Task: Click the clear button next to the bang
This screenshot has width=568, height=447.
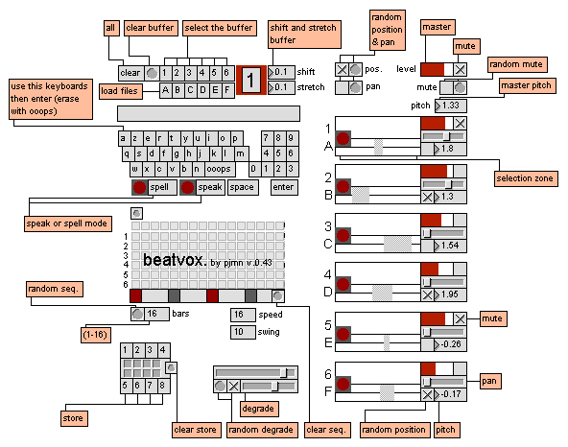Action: pos(130,73)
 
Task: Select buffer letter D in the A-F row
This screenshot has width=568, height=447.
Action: pos(202,90)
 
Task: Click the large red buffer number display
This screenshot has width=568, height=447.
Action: pos(251,80)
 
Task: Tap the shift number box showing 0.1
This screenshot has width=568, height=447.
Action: pos(281,72)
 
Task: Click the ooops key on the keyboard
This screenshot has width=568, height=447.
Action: pos(219,169)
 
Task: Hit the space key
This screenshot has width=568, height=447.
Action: pos(242,187)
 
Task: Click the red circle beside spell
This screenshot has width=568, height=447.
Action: pos(139,187)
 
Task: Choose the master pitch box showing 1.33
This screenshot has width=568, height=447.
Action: pos(451,106)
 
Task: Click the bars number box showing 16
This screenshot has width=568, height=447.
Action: pos(156,314)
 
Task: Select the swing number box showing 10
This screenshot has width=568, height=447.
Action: pos(243,332)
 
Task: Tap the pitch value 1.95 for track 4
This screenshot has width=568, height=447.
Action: pos(450,294)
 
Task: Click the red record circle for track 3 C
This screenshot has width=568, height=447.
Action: pos(343,235)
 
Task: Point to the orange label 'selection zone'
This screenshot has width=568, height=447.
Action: pos(526,178)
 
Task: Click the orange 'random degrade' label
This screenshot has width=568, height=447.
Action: pos(262,430)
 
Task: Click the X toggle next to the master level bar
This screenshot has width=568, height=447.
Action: pos(460,69)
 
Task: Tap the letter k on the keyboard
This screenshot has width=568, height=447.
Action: pos(214,153)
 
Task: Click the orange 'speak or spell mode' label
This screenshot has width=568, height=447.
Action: pos(68,223)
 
